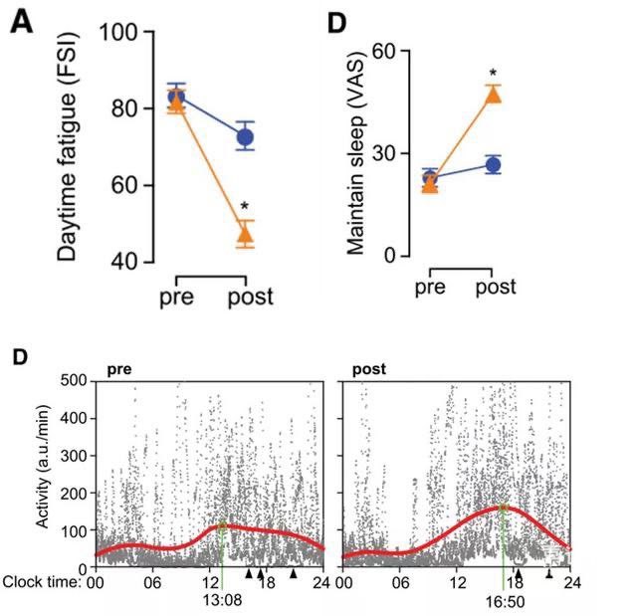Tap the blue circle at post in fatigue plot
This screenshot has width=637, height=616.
point(245,137)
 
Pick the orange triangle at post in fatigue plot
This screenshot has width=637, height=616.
point(245,236)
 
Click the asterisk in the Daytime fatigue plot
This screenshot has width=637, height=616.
point(245,208)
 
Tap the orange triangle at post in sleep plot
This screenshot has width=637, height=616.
point(493,95)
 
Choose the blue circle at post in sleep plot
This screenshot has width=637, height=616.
point(493,165)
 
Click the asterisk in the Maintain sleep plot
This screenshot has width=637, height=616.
point(493,74)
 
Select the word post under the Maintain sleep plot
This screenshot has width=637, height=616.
point(495,289)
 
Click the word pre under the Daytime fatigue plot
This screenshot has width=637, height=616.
point(177,297)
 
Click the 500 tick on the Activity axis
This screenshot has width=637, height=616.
point(69,381)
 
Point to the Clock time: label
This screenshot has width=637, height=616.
point(44,580)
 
